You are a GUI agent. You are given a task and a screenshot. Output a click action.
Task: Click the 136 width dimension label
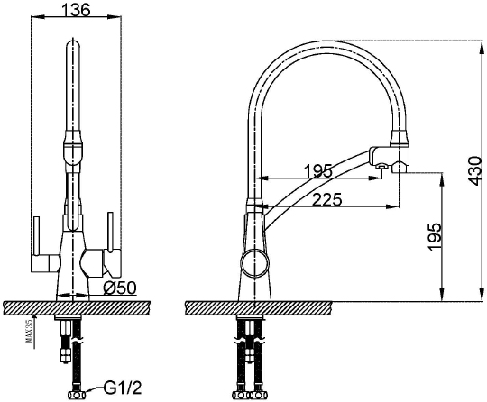(x=76, y=9)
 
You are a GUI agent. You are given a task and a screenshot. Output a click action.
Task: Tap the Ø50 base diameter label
(x=120, y=288)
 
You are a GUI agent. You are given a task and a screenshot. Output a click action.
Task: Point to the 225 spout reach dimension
(x=326, y=199)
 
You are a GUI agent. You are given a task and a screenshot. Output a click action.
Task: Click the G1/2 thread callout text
(x=123, y=388)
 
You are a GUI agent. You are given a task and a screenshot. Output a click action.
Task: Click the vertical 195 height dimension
(x=435, y=236)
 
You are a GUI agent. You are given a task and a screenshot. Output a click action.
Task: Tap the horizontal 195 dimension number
(x=318, y=171)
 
